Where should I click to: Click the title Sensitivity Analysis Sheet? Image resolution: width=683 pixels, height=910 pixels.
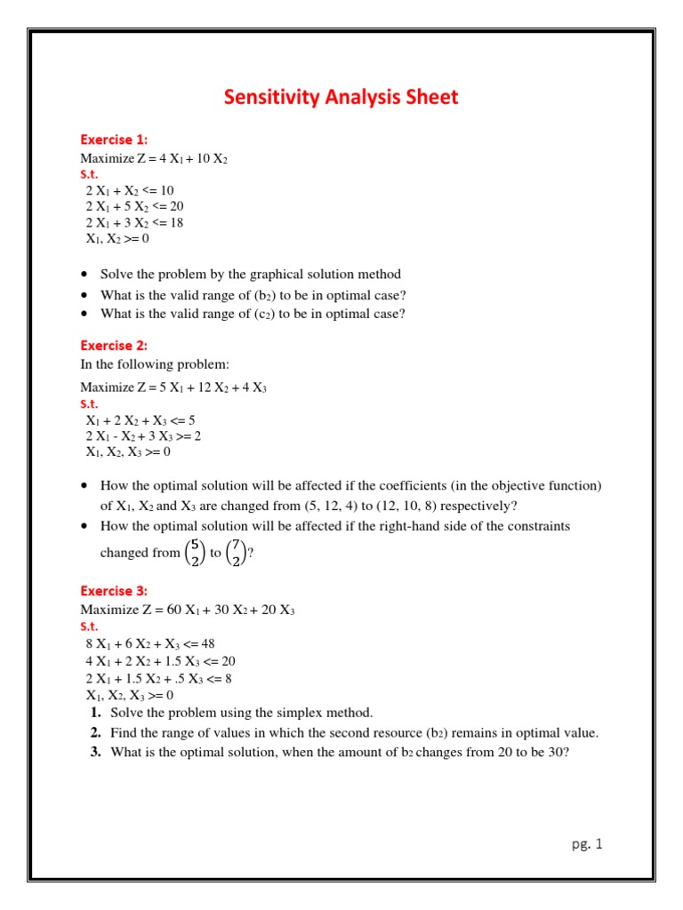341,97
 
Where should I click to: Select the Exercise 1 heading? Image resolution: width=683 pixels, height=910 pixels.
114,140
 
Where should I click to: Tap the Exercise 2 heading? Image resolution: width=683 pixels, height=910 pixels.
114,345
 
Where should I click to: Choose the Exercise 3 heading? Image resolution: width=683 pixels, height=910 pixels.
114,591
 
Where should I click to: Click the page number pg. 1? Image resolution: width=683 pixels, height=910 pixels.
587,844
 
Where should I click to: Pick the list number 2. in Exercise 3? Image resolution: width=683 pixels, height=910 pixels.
94,733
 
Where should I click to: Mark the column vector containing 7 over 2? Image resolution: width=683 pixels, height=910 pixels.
236,553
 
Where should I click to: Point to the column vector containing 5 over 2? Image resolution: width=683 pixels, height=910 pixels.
194,553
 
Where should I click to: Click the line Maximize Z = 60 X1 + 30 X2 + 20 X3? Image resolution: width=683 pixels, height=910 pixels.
188,610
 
